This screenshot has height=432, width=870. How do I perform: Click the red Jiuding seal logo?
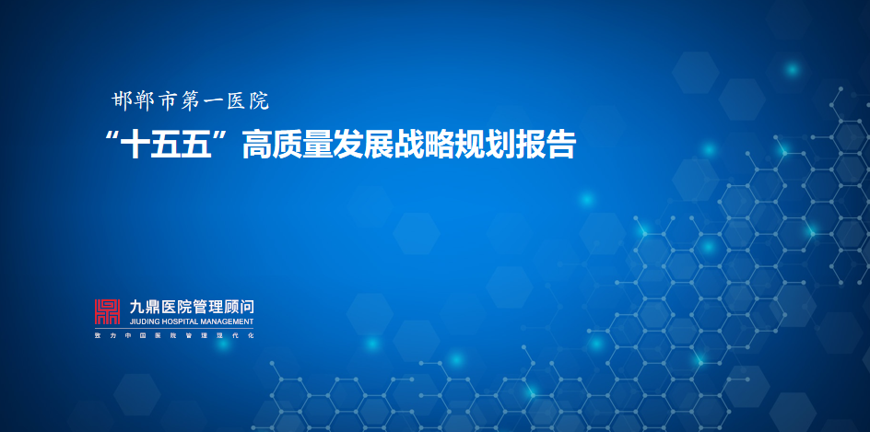click(108, 312)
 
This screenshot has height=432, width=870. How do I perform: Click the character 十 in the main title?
click(136, 146)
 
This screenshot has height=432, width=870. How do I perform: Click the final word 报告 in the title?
click(551, 146)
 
